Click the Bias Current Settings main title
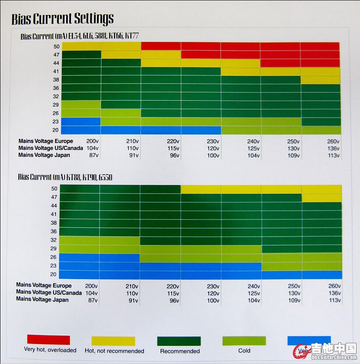coord(62,19)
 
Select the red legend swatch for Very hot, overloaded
coord(48,339)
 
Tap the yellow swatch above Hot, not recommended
coord(113,341)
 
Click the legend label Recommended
coord(180,351)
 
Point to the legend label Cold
coord(244,350)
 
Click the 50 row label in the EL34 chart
coord(56,46)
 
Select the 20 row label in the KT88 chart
coord(54,275)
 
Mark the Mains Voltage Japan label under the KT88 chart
coord(42,300)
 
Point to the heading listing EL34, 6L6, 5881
coord(79,36)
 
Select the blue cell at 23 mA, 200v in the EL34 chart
coord(81,122)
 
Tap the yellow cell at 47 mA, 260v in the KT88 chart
coord(321,198)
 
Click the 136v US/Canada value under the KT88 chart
coord(334,293)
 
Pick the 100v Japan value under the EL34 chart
coord(214,155)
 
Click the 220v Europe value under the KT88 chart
coord(173,286)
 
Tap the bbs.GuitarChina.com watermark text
coord(334,357)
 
